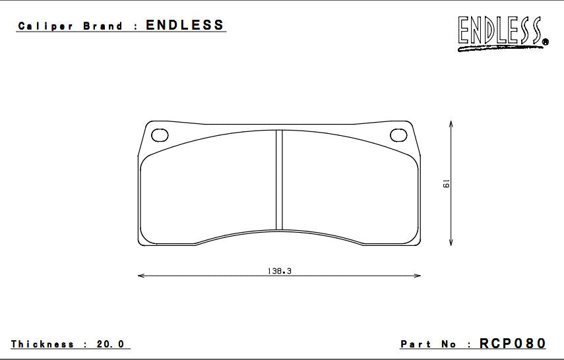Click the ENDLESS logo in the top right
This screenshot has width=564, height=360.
point(500,31)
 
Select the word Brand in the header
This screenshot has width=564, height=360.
point(103,27)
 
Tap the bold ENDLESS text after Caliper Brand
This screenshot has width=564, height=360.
point(185,26)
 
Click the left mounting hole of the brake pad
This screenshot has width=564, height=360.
point(160,135)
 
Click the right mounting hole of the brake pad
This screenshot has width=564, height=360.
point(399,135)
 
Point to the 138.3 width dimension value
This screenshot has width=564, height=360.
point(280,270)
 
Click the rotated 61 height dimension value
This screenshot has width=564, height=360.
point(446,184)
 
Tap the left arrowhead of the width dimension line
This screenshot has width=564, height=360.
point(141,276)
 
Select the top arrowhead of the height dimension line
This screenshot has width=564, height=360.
point(450,123)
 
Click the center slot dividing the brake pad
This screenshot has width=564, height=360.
point(279,179)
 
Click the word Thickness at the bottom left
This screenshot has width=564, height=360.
point(42,344)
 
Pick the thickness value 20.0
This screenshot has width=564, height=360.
point(111,344)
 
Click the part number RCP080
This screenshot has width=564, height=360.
point(513,344)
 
